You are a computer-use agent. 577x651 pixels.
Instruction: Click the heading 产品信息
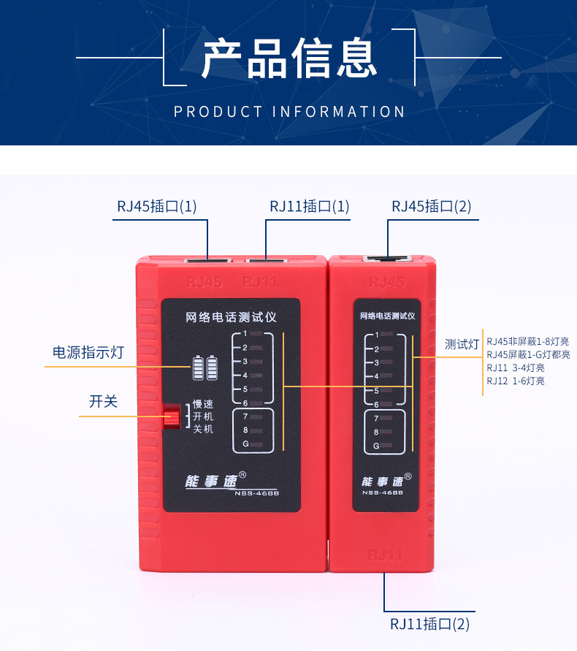[x=288, y=58]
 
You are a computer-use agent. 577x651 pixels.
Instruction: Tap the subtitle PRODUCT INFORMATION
[x=289, y=112]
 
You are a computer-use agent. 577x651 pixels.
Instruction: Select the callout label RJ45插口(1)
[x=157, y=207]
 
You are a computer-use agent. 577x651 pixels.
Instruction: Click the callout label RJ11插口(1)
[x=309, y=207]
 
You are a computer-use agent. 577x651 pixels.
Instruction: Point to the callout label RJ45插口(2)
[x=432, y=207]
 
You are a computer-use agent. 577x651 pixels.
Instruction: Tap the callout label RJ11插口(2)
[x=429, y=624]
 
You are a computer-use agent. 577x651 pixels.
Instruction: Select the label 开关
[x=103, y=401]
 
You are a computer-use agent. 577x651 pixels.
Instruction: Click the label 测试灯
[x=462, y=343]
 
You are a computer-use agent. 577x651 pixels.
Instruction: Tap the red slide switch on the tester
[x=172, y=416]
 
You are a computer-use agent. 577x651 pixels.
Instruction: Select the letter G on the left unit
[x=245, y=444]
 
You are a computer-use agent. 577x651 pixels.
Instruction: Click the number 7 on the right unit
[x=376, y=419]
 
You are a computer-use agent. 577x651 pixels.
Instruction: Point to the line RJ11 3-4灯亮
[x=516, y=368]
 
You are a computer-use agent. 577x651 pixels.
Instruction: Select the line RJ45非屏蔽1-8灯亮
[x=528, y=341]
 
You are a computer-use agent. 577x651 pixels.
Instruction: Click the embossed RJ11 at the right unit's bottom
[x=385, y=555]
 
